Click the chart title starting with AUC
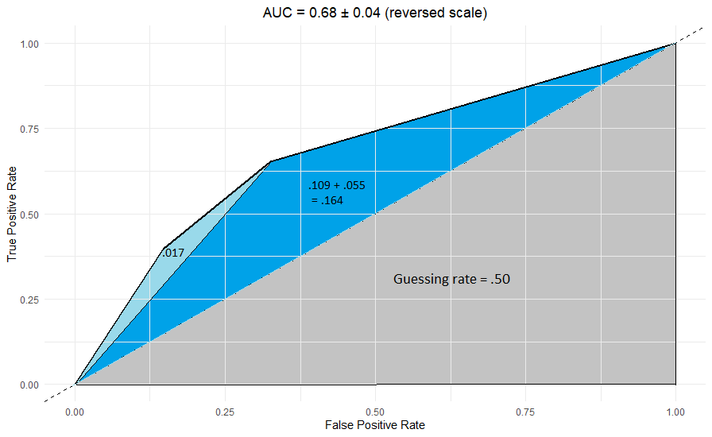pyautogui.click(x=374, y=14)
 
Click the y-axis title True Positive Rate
pyautogui.click(x=12, y=214)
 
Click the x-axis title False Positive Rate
pyautogui.click(x=374, y=425)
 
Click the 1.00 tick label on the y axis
pyautogui.click(x=29, y=43)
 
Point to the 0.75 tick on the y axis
pyautogui.click(x=29, y=129)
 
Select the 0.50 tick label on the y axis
pyautogui.click(x=29, y=214)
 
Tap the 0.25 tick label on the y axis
pyautogui.click(x=29, y=300)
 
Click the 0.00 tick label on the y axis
pyautogui.click(x=29, y=385)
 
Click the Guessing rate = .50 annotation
pyautogui.click(x=457, y=280)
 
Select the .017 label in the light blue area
pyautogui.click(x=173, y=253)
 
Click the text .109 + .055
pyautogui.click(x=337, y=186)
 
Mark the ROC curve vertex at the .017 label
pyautogui.click(x=164, y=248)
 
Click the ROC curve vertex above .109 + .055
pyautogui.click(x=270, y=162)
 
